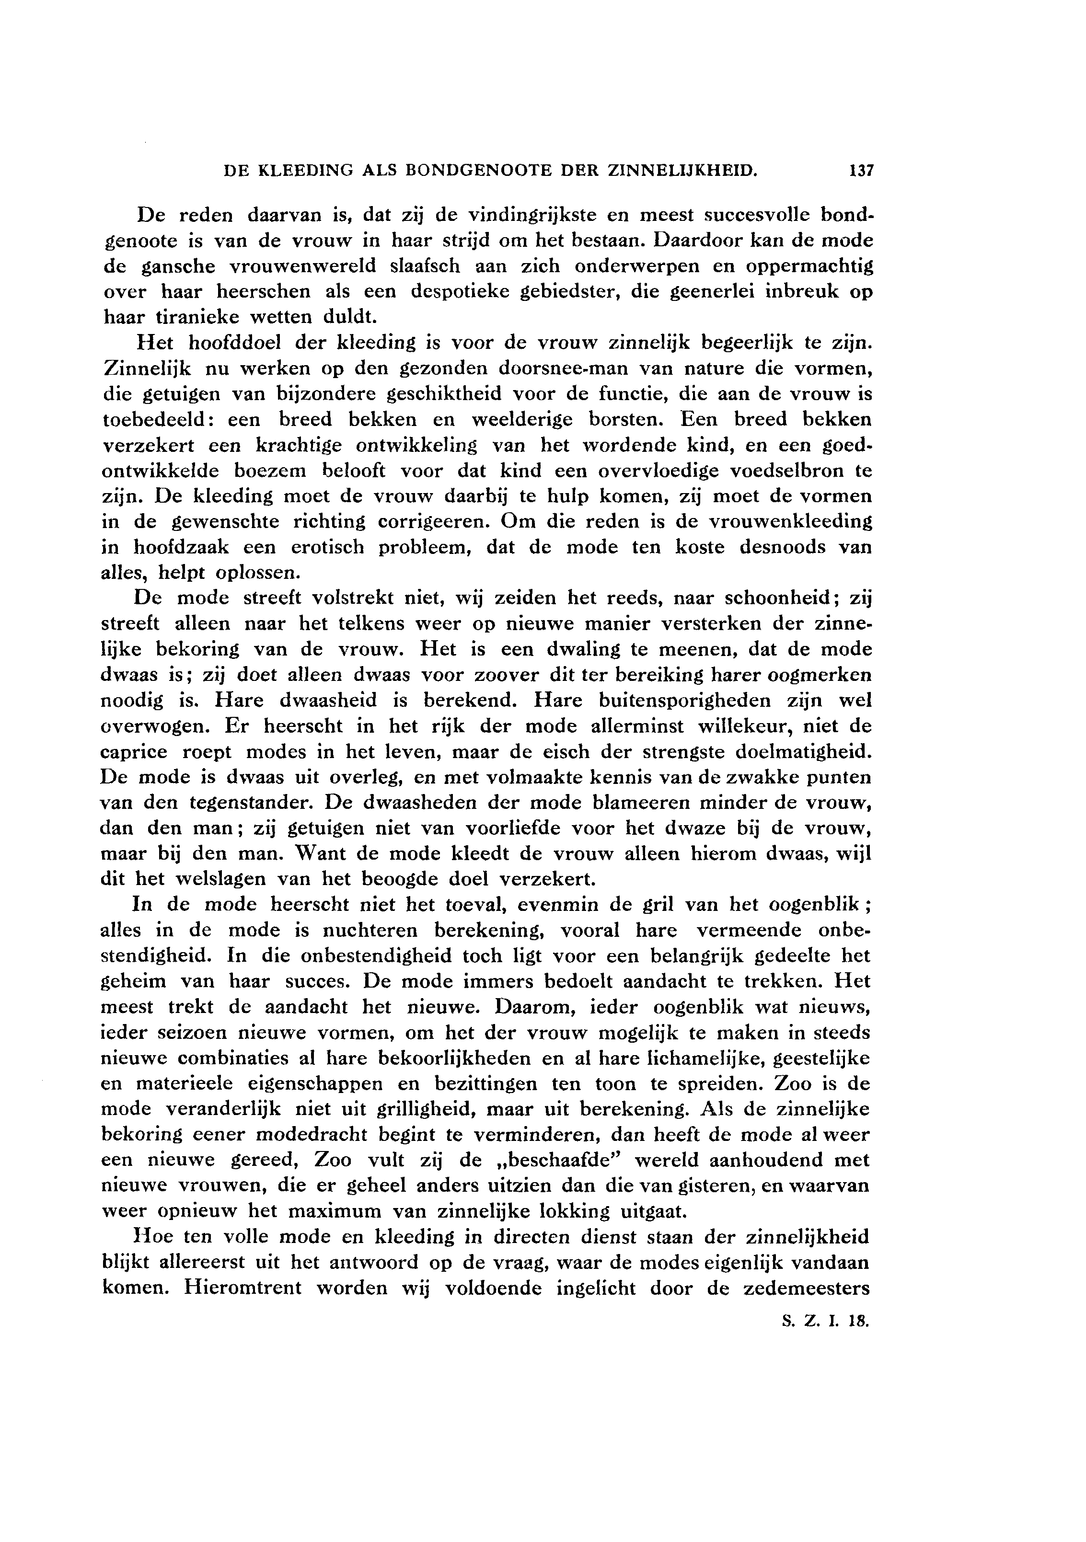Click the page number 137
pos(860,171)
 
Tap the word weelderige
pos(522,419)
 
